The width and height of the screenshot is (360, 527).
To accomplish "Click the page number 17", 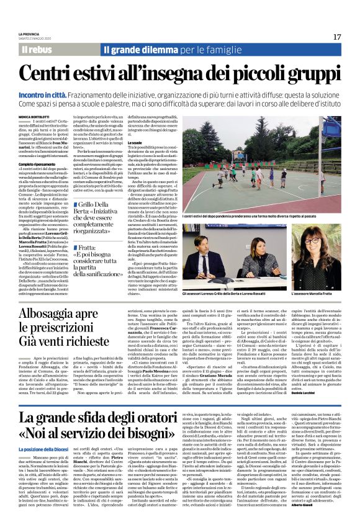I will (x=336, y=37).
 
